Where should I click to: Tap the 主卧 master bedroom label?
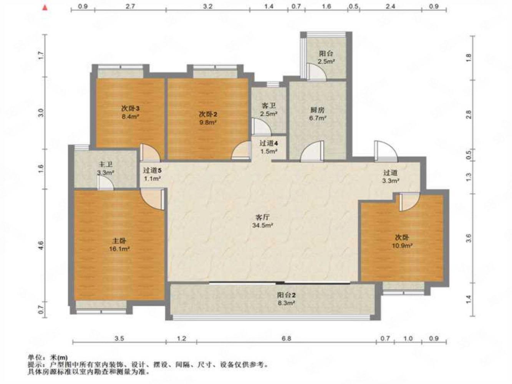pos(119,241)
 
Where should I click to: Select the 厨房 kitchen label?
pos(318,110)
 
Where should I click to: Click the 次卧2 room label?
pos(208,114)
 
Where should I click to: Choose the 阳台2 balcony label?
pos(286,295)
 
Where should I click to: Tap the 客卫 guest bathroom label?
pos(269,106)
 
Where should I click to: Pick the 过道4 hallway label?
pos(269,143)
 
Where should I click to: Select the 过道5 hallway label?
pos(152,170)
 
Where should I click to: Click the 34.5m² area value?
pos(262,225)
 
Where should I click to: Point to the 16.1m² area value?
pos(119,249)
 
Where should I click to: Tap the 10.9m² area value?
pos(402,245)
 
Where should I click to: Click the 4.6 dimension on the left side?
pos(41,245)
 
